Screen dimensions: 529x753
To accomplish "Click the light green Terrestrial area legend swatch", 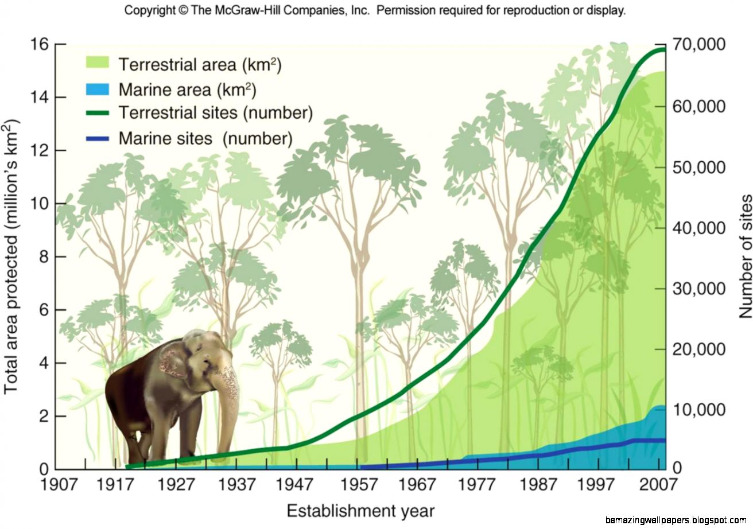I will pyautogui.click(x=97, y=63).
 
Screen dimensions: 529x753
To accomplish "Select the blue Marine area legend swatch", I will pyautogui.click(x=97, y=88).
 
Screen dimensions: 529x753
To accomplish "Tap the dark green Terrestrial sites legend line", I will pyautogui.click(x=97, y=112).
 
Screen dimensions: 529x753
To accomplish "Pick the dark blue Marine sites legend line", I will pyautogui.click(x=97, y=138).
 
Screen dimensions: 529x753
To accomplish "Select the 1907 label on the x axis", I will pyautogui.click(x=59, y=485).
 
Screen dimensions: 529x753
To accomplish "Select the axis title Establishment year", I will pyautogui.click(x=360, y=511).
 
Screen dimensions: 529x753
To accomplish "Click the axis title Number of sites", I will pyautogui.click(x=745, y=256).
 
